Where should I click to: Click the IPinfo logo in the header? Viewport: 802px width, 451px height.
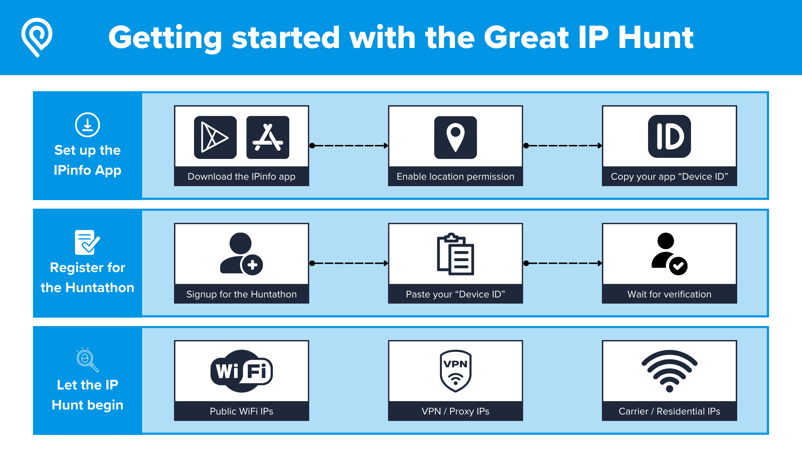point(37,37)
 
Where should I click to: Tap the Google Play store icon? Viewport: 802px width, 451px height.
point(215,137)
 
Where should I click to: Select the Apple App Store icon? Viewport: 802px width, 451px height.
point(268,137)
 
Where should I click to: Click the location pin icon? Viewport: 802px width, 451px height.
point(455,137)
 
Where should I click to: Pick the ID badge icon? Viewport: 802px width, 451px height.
point(670,136)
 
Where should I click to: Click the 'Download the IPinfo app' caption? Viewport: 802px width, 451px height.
point(241,176)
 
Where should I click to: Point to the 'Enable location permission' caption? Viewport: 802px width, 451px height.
point(455,176)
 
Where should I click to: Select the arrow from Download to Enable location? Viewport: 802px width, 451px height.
point(349,146)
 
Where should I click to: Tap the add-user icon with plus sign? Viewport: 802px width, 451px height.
point(241,254)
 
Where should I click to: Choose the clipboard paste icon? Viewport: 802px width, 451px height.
point(455,254)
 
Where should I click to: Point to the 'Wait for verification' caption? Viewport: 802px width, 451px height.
point(669,294)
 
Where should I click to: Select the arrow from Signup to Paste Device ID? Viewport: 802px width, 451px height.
point(349,263)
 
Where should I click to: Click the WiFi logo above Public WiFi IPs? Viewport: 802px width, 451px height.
point(241,371)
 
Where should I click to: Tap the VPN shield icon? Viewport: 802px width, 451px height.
point(455,371)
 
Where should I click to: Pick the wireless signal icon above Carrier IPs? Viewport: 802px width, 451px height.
point(669,371)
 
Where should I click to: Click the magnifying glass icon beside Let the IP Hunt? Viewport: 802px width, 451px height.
point(87,359)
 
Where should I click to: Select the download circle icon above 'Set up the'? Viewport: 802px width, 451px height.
point(87,125)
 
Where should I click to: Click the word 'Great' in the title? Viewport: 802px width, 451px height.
point(526,38)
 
